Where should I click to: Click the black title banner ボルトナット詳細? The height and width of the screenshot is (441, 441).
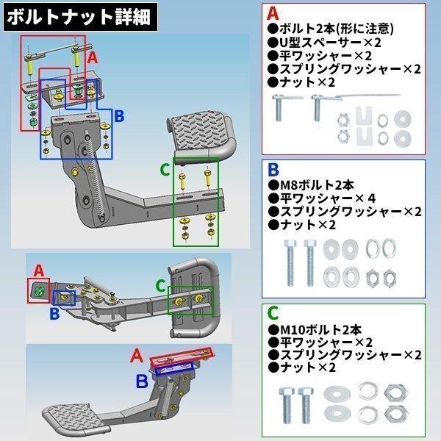click(x=80, y=17)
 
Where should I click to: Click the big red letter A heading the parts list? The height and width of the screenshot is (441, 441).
click(x=273, y=13)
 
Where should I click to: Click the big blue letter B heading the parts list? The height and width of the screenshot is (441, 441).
click(x=273, y=169)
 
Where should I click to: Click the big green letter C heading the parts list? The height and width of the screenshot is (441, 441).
click(x=273, y=313)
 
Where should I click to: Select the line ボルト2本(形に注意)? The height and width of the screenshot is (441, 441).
click(x=330, y=29)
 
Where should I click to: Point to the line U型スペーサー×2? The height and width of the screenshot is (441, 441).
click(x=324, y=42)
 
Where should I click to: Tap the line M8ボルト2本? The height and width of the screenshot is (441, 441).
click(x=311, y=185)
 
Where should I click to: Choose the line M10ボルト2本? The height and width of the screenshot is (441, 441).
click(x=315, y=329)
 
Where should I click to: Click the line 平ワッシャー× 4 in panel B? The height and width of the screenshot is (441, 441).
click(x=321, y=198)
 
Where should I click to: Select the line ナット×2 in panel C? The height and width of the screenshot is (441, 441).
click(x=302, y=367)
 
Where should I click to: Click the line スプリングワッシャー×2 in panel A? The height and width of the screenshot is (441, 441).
click(x=344, y=69)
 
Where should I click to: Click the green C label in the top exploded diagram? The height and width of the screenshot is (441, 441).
click(x=165, y=170)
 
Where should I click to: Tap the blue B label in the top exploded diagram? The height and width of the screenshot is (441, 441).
click(x=119, y=115)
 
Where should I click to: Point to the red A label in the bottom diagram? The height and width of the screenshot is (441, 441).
click(x=137, y=356)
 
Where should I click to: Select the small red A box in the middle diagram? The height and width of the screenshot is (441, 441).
click(x=38, y=290)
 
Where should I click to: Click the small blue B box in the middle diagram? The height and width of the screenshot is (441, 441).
click(x=65, y=298)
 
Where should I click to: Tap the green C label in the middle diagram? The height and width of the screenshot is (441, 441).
click(x=161, y=286)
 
